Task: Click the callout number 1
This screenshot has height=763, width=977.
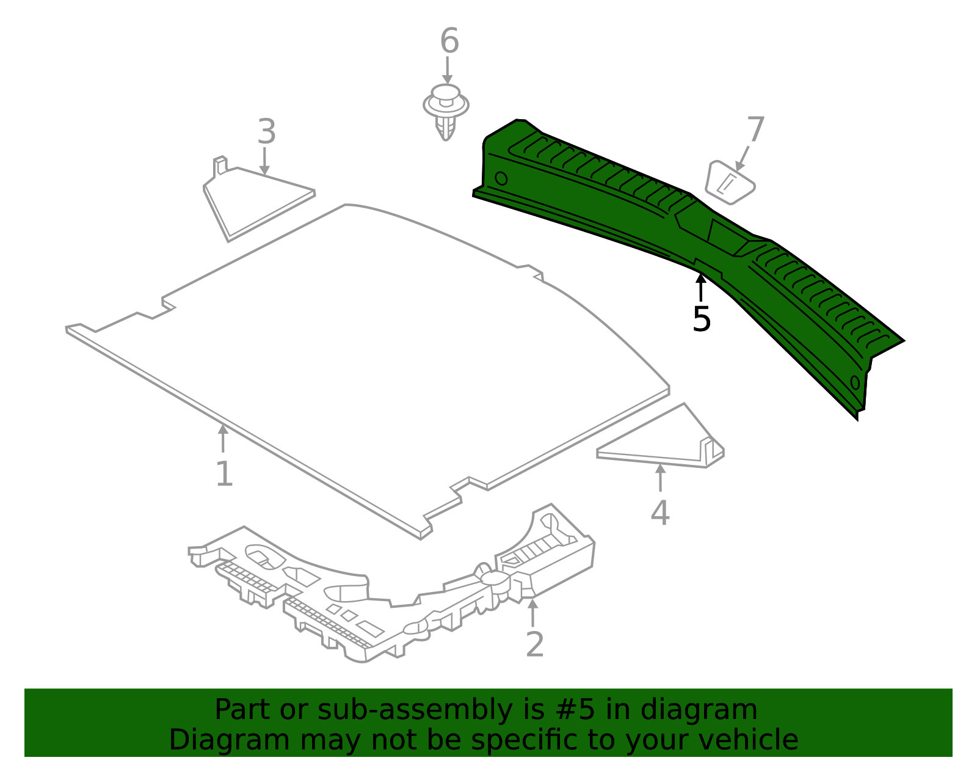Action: pos(224,474)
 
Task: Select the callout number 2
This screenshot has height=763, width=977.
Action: pos(534,645)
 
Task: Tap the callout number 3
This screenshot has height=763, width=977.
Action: pos(266,131)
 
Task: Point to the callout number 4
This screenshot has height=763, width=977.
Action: pos(660,513)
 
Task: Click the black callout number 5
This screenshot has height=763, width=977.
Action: pos(702,319)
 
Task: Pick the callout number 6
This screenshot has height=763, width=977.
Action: pos(449,42)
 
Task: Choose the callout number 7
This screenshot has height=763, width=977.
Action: pos(755,130)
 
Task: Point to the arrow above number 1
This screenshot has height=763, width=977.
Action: pos(223,439)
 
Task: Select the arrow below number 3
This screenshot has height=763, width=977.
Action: pos(264,161)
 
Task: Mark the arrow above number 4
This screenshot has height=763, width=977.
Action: pos(660,478)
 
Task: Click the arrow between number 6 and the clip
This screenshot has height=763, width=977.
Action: pos(448,70)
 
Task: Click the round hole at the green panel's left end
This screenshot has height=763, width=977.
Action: pos(501,178)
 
